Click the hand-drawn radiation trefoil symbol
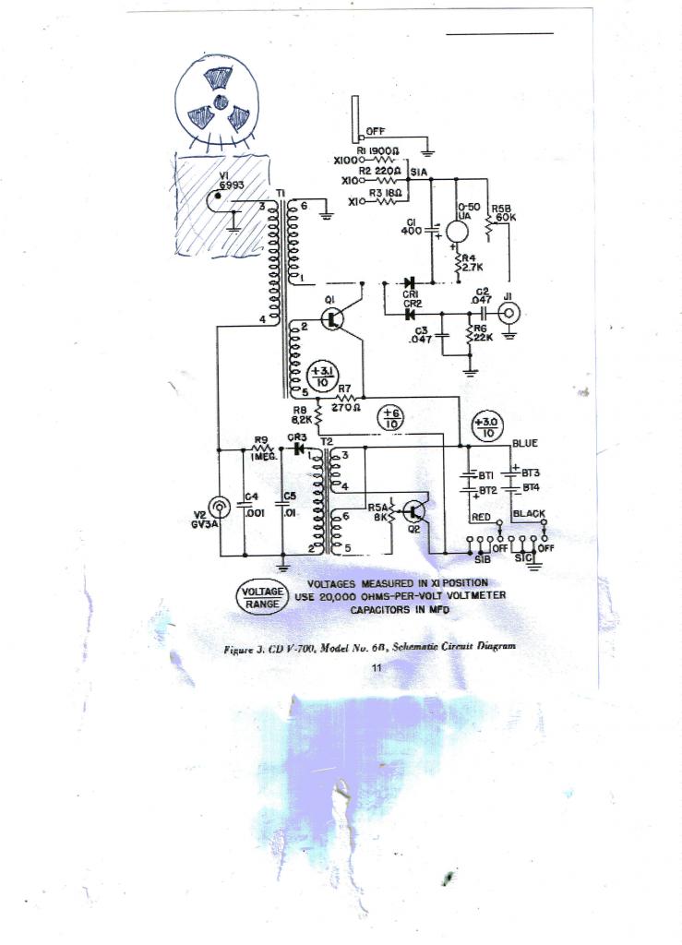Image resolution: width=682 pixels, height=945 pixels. point(219,102)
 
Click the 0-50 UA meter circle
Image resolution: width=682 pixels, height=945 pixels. point(459,233)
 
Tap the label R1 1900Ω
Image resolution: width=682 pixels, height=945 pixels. point(381,150)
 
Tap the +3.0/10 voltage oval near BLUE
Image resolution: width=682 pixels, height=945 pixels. point(486,426)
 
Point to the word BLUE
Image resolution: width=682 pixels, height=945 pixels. point(525,443)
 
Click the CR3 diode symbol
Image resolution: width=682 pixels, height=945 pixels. point(297,449)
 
